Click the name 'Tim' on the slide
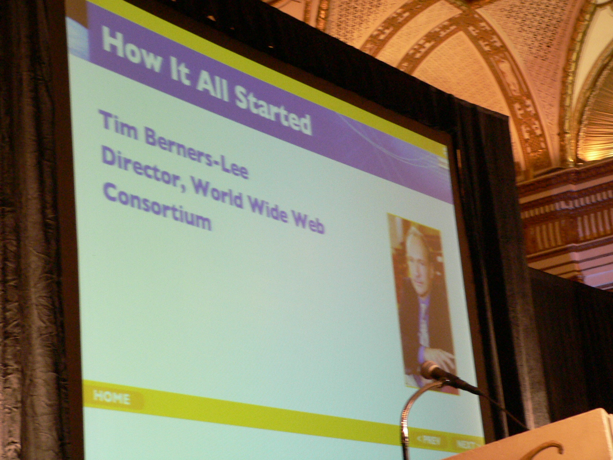tap(119, 126)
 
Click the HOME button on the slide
tap(112, 398)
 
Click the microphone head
tap(431, 370)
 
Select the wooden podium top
tap(531, 438)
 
